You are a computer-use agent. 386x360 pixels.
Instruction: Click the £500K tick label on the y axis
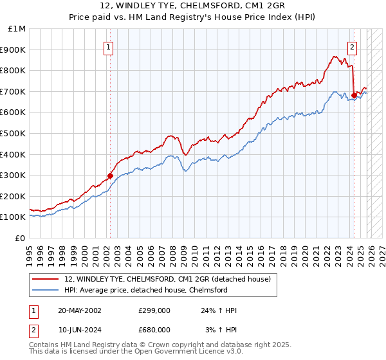(x=14, y=133)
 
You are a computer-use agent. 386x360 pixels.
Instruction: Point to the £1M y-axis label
(x=17, y=28)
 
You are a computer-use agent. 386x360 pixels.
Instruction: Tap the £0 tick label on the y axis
(x=21, y=238)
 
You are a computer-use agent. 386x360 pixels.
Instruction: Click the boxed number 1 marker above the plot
(x=108, y=46)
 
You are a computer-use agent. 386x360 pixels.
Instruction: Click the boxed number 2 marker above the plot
(x=353, y=46)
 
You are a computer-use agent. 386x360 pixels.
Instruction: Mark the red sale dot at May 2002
(x=110, y=175)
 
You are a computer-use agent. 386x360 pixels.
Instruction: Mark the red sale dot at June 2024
(x=354, y=95)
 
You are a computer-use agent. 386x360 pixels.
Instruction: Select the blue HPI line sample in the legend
(x=46, y=290)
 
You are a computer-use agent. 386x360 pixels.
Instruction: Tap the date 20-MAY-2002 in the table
(x=80, y=310)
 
